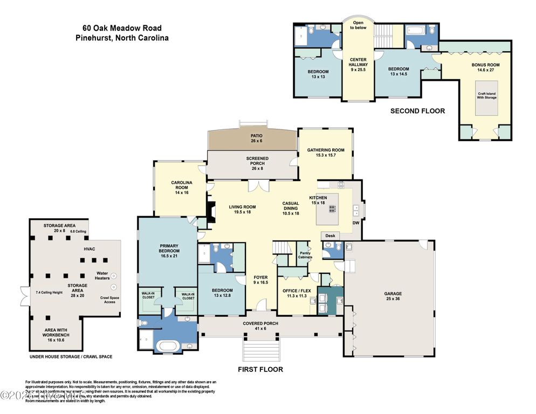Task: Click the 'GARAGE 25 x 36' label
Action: pos(393,296)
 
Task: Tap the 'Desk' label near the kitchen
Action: pos(330,236)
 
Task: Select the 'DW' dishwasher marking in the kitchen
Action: pos(355,223)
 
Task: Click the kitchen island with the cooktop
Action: pos(327,209)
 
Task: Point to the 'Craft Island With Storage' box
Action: pos(486,96)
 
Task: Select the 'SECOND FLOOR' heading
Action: pos(417,111)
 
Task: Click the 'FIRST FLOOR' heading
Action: pos(260,369)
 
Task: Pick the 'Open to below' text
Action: pos(358,25)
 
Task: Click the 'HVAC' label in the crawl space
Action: pos(89,250)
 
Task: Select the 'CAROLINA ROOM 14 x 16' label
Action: pos(179,185)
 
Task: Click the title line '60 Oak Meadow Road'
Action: pos(122,28)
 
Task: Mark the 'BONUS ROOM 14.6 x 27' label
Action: pos(485,67)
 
